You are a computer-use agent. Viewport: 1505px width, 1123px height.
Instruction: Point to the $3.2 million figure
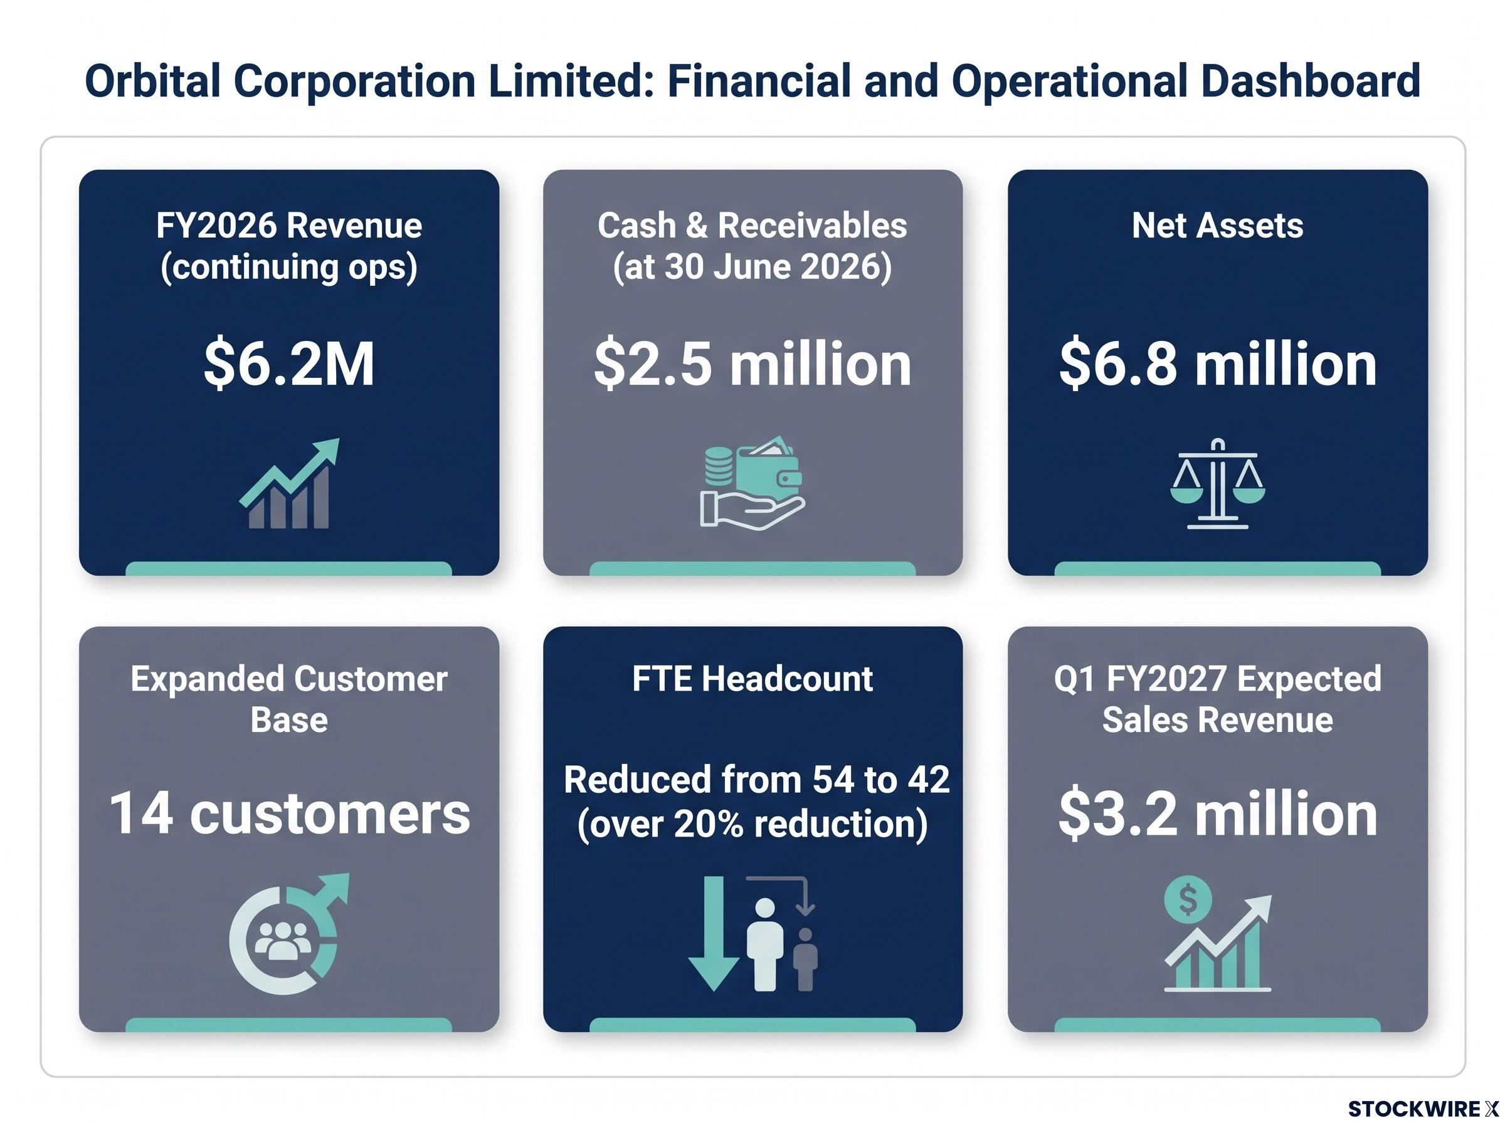(x=1217, y=813)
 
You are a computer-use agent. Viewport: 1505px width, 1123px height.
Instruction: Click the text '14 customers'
(x=289, y=813)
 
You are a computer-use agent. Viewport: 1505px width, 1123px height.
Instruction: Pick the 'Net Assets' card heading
(x=1217, y=225)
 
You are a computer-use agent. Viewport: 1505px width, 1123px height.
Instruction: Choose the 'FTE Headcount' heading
(x=752, y=679)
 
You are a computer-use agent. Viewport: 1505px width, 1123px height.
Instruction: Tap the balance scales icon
(x=1217, y=483)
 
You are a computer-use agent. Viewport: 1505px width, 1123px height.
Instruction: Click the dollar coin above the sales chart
(x=1188, y=900)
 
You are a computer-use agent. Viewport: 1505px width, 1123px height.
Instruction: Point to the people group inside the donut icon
(x=283, y=940)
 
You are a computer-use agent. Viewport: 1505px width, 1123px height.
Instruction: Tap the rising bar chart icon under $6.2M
(x=289, y=483)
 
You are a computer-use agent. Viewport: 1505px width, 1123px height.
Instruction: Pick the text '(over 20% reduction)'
(x=752, y=823)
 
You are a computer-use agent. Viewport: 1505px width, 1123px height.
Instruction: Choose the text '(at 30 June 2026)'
(x=752, y=266)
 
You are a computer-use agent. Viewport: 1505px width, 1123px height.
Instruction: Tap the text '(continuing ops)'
(x=289, y=266)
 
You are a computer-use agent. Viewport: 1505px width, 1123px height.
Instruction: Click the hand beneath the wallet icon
(x=752, y=511)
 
